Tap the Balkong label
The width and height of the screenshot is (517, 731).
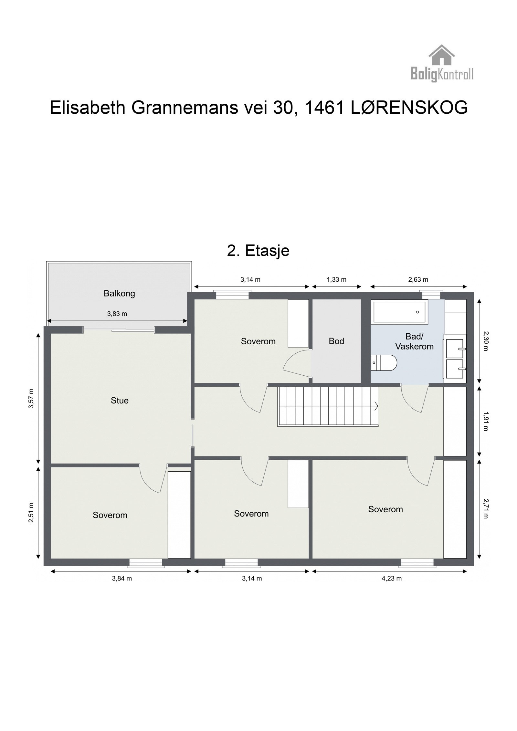coord(119,294)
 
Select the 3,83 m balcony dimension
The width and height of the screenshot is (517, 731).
coord(117,314)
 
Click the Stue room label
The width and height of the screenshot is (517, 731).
coord(120,401)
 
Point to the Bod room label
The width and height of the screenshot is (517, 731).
coord(336,341)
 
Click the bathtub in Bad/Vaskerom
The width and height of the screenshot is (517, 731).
coord(399,312)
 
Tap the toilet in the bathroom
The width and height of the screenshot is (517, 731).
coord(384,363)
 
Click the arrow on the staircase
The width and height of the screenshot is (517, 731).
coord(375,406)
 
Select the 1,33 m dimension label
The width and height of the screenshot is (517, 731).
coord(336,280)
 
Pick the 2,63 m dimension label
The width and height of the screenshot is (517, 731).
coord(418,280)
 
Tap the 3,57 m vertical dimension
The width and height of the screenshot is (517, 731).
coord(31,398)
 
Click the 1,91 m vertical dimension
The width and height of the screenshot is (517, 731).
coord(485,421)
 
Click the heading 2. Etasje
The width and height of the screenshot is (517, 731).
coord(258,251)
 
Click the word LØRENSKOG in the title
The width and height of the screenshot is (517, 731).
coord(409,108)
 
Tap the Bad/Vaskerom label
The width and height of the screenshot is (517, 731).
coord(414,341)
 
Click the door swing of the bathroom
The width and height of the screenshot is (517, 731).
coord(415,400)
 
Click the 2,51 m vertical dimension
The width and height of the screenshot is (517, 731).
coord(31,512)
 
